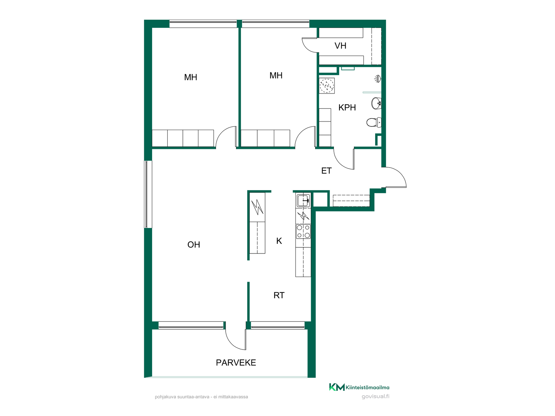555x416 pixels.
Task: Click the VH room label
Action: (340, 46)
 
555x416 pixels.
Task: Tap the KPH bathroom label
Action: (347, 107)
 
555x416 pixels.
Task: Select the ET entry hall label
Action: (326, 171)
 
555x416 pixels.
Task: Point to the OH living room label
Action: (194, 245)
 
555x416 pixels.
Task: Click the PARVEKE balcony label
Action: (236, 363)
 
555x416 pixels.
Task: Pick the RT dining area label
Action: (279, 295)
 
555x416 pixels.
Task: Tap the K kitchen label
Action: (279, 241)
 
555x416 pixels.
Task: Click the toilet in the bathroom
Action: (374, 122)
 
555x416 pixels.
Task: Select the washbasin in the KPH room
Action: (376, 103)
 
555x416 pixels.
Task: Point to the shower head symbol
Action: (378, 79)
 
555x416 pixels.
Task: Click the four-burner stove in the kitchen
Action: (303, 231)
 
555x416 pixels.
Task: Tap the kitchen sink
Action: (303, 200)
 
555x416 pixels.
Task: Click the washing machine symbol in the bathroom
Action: (327, 86)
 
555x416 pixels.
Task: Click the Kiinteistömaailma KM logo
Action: (337, 387)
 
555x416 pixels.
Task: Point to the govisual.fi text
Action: (375, 396)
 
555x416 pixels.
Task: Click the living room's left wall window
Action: (148, 194)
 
